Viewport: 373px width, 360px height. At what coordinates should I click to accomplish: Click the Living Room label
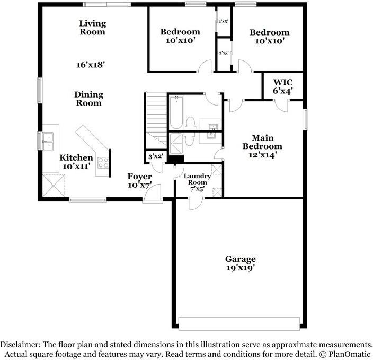click(x=92, y=28)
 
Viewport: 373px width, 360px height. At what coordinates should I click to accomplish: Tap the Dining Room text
click(x=88, y=99)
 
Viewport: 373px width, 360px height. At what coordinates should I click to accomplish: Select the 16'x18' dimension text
click(x=90, y=65)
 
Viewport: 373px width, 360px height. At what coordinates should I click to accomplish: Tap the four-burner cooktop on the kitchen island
click(x=103, y=163)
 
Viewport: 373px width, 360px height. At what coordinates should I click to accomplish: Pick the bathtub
click(x=176, y=112)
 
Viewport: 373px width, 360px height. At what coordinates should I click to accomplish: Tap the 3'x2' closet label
click(x=155, y=156)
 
